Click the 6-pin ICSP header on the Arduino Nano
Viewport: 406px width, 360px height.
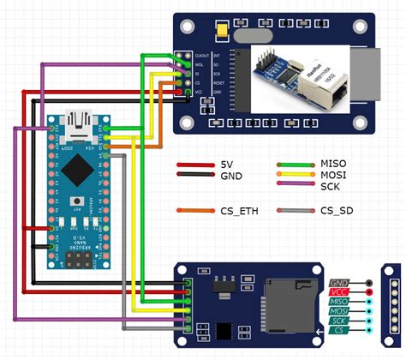(x=77, y=255)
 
